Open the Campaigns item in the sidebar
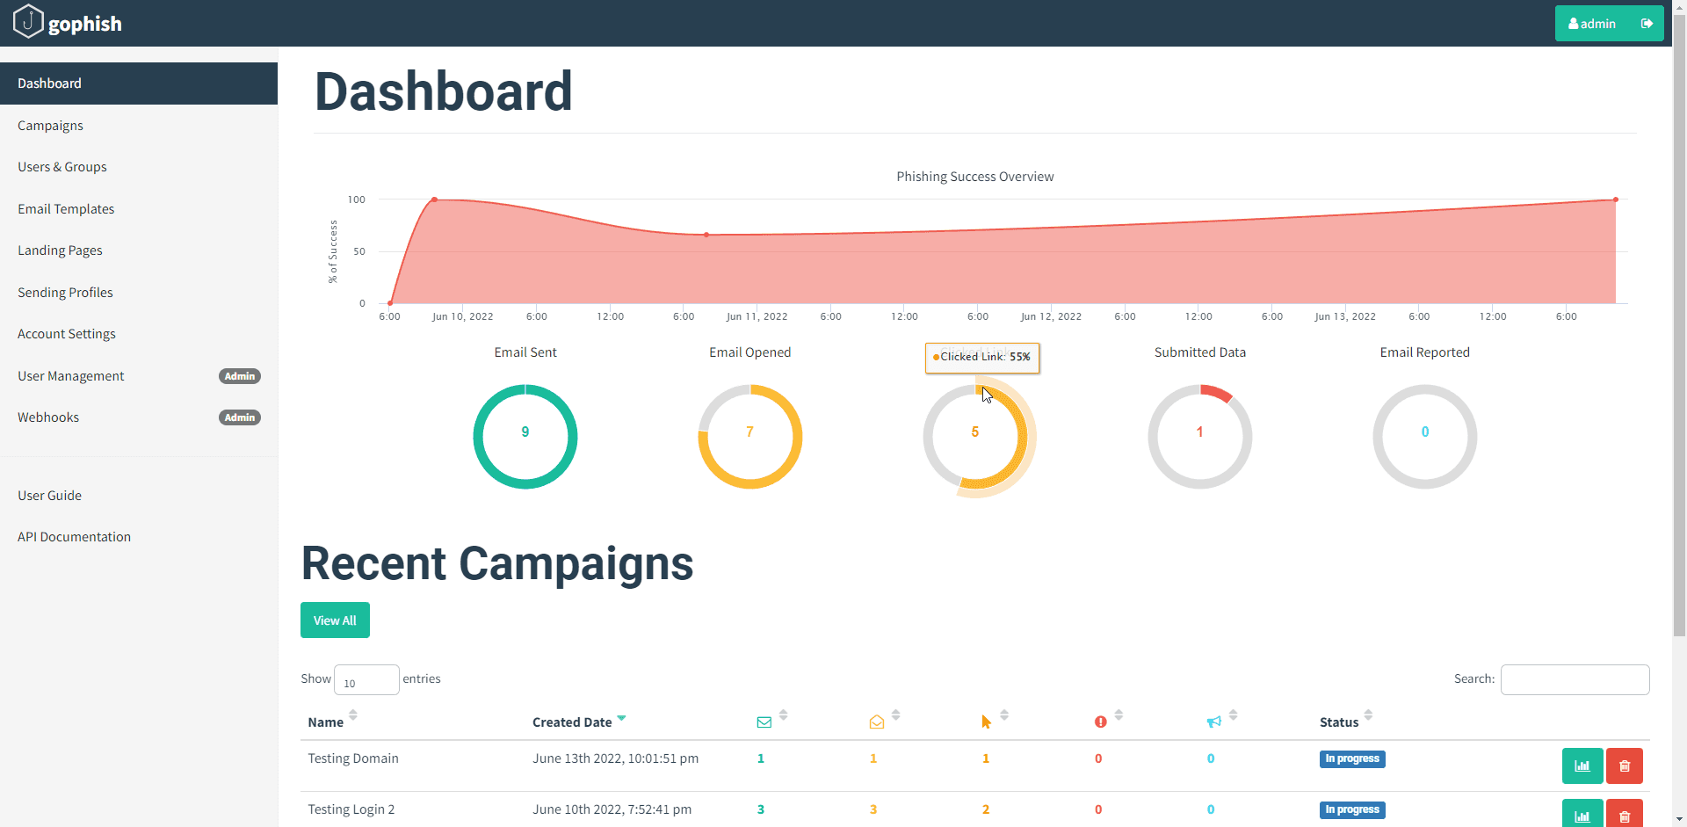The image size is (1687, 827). pyautogui.click(x=50, y=126)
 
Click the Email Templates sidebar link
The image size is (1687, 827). pyautogui.click(x=66, y=209)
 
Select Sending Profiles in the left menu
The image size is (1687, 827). pyautogui.click(x=65, y=293)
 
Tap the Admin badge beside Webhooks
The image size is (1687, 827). pyautogui.click(x=239, y=417)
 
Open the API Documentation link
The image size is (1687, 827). pyautogui.click(x=74, y=537)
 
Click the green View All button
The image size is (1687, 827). pyautogui.click(x=335, y=620)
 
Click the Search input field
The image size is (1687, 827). pyautogui.click(x=1575, y=679)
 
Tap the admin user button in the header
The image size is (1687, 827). pyautogui.click(x=1592, y=24)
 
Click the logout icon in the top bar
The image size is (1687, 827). pyautogui.click(x=1647, y=24)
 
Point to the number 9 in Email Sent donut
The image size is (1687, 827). pyautogui.click(x=525, y=432)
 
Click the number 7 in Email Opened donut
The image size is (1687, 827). pyautogui.click(x=749, y=432)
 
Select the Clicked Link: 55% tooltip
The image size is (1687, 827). pyautogui.click(x=982, y=357)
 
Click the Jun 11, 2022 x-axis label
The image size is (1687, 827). pyautogui.click(x=757, y=316)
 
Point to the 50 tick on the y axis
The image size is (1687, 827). pyautogui.click(x=359, y=251)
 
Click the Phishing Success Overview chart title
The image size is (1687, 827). pyautogui.click(x=974, y=177)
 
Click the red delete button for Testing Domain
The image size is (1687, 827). pyautogui.click(x=1624, y=765)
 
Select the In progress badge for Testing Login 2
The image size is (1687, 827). pyautogui.click(x=1351, y=809)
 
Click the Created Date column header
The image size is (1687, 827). pyautogui.click(x=572, y=722)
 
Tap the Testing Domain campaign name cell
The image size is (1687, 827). pyautogui.click(x=353, y=758)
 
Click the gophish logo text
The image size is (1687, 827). pyautogui.click(x=84, y=24)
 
